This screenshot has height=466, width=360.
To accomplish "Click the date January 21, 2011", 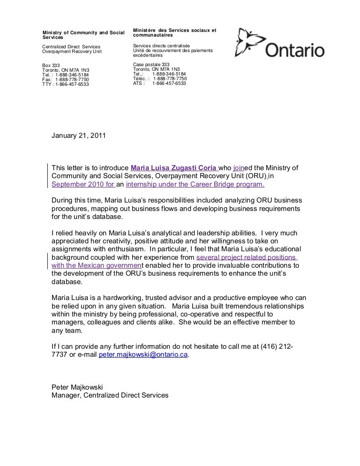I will pos(78,136).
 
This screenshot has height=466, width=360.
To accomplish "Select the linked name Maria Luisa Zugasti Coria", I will pos(173,168).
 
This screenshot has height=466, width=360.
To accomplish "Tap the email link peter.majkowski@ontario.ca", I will pos(143,355).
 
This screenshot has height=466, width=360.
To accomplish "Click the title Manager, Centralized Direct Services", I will pos(110,395).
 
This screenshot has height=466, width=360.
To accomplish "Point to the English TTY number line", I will pos(66,84).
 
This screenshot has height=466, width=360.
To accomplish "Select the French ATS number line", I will pos(159,83).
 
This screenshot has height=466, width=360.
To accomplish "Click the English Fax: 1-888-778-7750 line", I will pos(66,80).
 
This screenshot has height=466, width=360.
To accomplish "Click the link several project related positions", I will pos(246,257).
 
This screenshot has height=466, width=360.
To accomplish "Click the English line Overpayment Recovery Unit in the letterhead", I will pos(72,52).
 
